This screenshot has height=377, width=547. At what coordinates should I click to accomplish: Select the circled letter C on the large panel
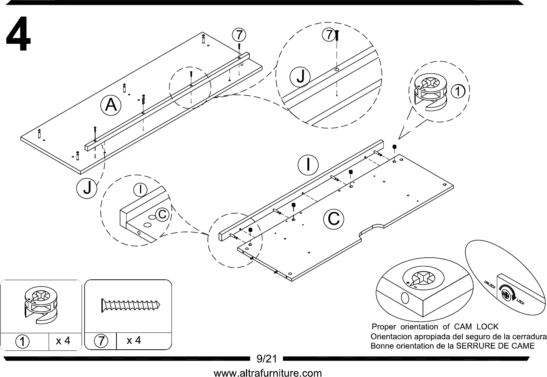pyautogui.click(x=334, y=219)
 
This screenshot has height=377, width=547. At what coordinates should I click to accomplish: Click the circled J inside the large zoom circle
pyautogui.click(x=300, y=77)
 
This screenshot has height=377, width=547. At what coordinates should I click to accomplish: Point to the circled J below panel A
pyautogui.click(x=87, y=188)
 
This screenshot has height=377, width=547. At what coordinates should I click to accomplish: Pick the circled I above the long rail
pyautogui.click(x=308, y=165)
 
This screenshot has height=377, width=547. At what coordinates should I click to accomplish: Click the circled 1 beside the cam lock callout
pyautogui.click(x=458, y=92)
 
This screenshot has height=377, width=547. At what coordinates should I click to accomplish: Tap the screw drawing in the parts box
pyautogui.click(x=131, y=305)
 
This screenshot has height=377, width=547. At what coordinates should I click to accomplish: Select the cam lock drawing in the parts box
pyautogui.click(x=41, y=306)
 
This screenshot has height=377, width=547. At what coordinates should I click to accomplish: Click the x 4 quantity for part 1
pyautogui.click(x=63, y=341)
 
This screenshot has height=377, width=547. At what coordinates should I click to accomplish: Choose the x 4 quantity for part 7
pyautogui.click(x=134, y=340)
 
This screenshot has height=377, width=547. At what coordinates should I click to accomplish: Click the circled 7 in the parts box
pyautogui.click(x=101, y=341)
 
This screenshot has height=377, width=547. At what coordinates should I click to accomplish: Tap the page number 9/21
pyautogui.click(x=267, y=358)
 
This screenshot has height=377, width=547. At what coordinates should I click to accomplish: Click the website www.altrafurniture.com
pyautogui.click(x=268, y=373)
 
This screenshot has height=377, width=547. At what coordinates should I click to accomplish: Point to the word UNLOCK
pyautogui.click(x=490, y=285)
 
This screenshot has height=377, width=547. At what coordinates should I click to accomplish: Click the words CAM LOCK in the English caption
pyautogui.click(x=476, y=327)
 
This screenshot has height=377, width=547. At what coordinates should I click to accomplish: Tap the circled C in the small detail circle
pyautogui.click(x=162, y=214)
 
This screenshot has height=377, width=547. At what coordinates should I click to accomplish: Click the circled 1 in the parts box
pyautogui.click(x=22, y=341)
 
